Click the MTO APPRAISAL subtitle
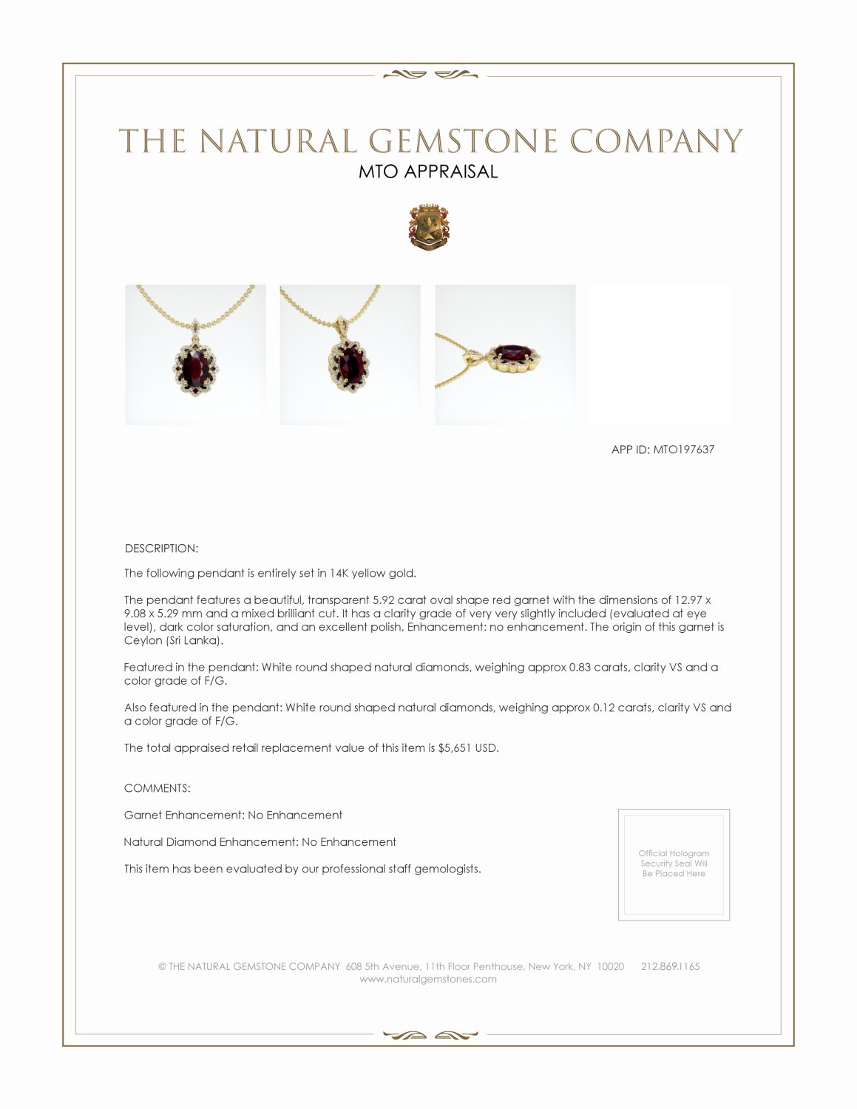click(x=428, y=172)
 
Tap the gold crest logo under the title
click(x=429, y=227)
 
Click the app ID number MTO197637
click(x=683, y=450)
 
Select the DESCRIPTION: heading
click(x=161, y=549)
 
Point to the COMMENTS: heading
click(x=157, y=788)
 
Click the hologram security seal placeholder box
click(x=674, y=864)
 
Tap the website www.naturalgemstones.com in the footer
click(x=428, y=980)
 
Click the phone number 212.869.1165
click(x=670, y=967)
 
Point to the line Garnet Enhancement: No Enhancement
click(x=233, y=815)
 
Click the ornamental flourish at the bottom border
click(x=430, y=1035)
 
